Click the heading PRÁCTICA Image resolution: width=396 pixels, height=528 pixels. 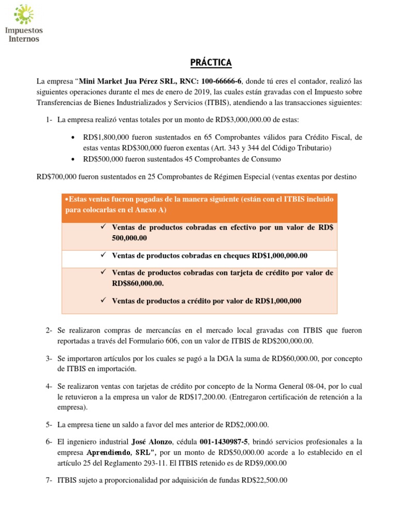(208, 63)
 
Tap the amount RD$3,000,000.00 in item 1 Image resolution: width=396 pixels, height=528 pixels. (245, 120)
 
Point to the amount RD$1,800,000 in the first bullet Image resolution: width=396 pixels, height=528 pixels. (107, 137)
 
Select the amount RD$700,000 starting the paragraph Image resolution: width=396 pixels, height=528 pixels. (57, 176)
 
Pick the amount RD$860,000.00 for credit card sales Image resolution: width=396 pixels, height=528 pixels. (138, 284)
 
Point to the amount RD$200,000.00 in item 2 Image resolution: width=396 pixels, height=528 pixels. (291, 341)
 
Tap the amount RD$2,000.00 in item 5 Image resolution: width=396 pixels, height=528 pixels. (246, 424)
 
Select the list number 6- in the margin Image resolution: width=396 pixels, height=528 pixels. (49, 442)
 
